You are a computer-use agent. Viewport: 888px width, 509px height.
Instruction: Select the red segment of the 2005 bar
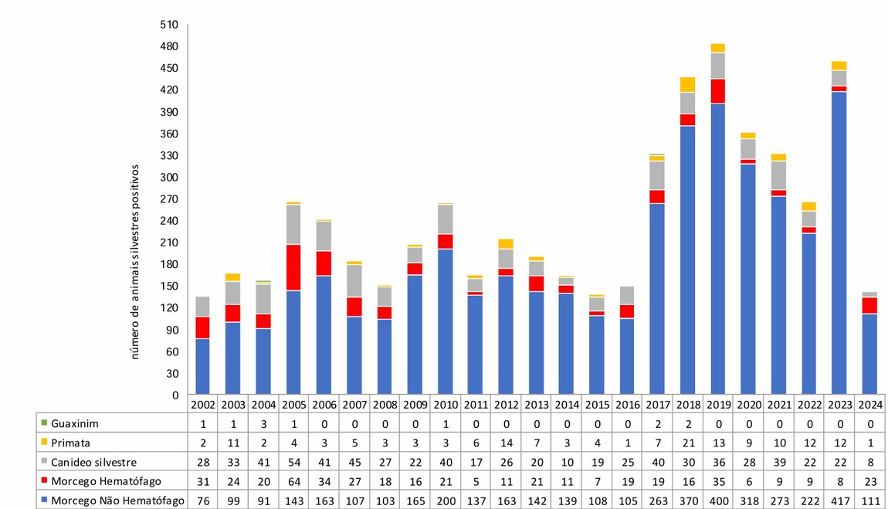[293, 267]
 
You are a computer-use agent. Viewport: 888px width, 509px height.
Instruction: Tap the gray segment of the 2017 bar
[657, 175]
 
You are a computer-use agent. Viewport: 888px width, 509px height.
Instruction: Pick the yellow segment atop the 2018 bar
[687, 84]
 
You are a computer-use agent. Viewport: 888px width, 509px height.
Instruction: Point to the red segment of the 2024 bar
[869, 305]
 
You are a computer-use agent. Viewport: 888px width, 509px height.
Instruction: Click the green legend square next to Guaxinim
[44, 423]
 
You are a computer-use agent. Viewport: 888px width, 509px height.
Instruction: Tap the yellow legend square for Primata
[44, 443]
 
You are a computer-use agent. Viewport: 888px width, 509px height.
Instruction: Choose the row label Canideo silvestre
[93, 462]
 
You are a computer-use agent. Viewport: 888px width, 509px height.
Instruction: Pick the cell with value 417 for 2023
[839, 501]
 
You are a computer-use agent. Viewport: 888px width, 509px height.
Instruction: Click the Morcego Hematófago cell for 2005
[293, 481]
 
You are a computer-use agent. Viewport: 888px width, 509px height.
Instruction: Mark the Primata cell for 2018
[687, 443]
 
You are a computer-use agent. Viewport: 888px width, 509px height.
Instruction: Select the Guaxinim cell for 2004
[263, 423]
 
